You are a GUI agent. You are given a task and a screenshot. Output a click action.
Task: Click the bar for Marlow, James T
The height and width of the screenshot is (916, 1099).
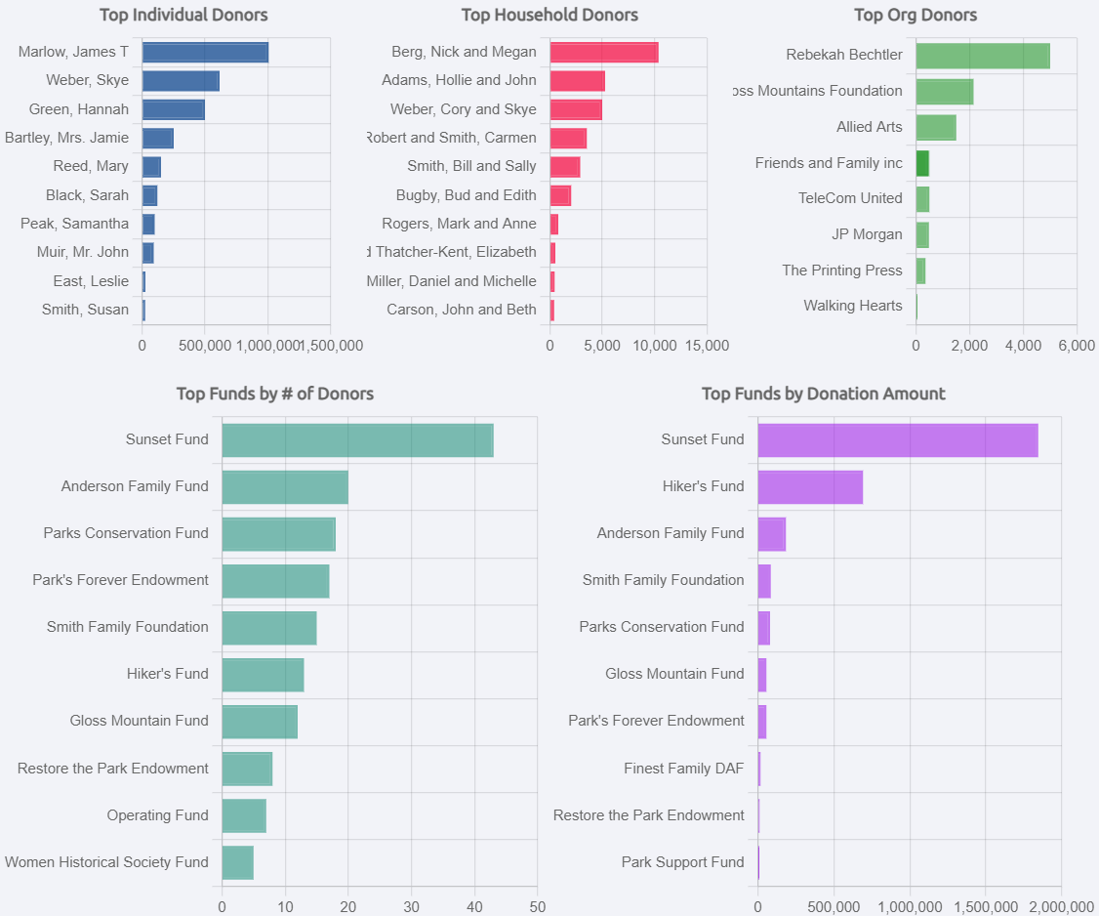click(x=205, y=53)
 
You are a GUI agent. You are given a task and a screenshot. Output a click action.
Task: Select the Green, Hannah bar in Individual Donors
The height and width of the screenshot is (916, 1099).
click(x=174, y=109)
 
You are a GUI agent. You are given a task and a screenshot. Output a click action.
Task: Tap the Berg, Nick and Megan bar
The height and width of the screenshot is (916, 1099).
click(x=604, y=53)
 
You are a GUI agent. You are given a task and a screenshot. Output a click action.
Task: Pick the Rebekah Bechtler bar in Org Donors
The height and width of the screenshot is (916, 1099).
click(x=983, y=56)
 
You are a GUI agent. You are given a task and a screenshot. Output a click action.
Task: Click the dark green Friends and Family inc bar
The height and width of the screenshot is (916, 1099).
click(x=922, y=163)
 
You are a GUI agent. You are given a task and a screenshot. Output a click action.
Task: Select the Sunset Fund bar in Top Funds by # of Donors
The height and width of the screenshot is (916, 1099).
click(x=357, y=440)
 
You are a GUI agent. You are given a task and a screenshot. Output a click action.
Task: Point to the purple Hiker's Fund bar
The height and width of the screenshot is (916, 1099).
click(x=810, y=487)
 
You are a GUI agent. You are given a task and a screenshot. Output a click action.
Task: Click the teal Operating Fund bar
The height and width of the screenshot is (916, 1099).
click(x=244, y=815)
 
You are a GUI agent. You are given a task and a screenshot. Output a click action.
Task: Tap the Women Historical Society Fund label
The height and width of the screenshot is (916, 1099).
click(x=106, y=862)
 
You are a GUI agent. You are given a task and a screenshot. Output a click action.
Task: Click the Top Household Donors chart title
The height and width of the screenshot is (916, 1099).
click(x=549, y=15)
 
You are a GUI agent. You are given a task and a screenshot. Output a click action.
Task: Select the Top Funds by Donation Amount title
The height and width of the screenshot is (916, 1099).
click(x=823, y=394)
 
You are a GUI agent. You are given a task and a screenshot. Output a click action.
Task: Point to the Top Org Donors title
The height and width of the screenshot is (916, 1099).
click(x=915, y=15)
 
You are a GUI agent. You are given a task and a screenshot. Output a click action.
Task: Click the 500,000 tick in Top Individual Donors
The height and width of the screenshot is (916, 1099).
click(x=205, y=345)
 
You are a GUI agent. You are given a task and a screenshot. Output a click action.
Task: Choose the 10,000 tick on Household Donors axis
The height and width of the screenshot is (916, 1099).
click(x=655, y=345)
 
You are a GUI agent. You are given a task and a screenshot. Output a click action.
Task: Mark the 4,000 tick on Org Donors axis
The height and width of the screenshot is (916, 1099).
click(x=1022, y=345)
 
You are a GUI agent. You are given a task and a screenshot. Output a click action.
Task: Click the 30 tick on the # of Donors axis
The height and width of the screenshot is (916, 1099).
click(x=411, y=906)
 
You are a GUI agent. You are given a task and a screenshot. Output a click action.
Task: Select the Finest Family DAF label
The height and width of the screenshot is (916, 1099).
click(x=683, y=769)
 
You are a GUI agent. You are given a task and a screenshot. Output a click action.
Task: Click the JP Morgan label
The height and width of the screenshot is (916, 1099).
click(x=867, y=234)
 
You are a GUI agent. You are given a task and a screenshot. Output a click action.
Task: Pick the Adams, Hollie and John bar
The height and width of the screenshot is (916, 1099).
click(x=577, y=81)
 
